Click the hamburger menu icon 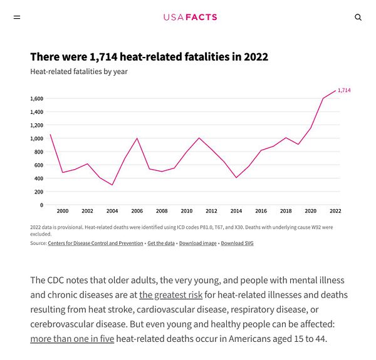pyautogui.click(x=17, y=18)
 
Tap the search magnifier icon pyautogui.click(x=358, y=18)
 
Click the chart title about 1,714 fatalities pyautogui.click(x=149, y=57)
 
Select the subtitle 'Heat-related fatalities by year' pyautogui.click(x=79, y=71)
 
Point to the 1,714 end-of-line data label pyautogui.click(x=344, y=90)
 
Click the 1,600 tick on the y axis pyautogui.click(x=36, y=99)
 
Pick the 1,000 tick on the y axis pyautogui.click(x=36, y=138)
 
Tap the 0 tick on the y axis pyautogui.click(x=41, y=205)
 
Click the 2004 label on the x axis pyautogui.click(x=112, y=212)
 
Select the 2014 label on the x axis pyautogui.click(x=236, y=212)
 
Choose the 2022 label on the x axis pyautogui.click(x=335, y=212)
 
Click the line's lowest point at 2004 pyautogui.click(x=112, y=185)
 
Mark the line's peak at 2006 pyautogui.click(x=137, y=138)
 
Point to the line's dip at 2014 pyautogui.click(x=236, y=178)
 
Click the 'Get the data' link pyautogui.click(x=161, y=243)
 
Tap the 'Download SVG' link pyautogui.click(x=237, y=243)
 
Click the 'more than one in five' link pyautogui.click(x=72, y=339)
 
